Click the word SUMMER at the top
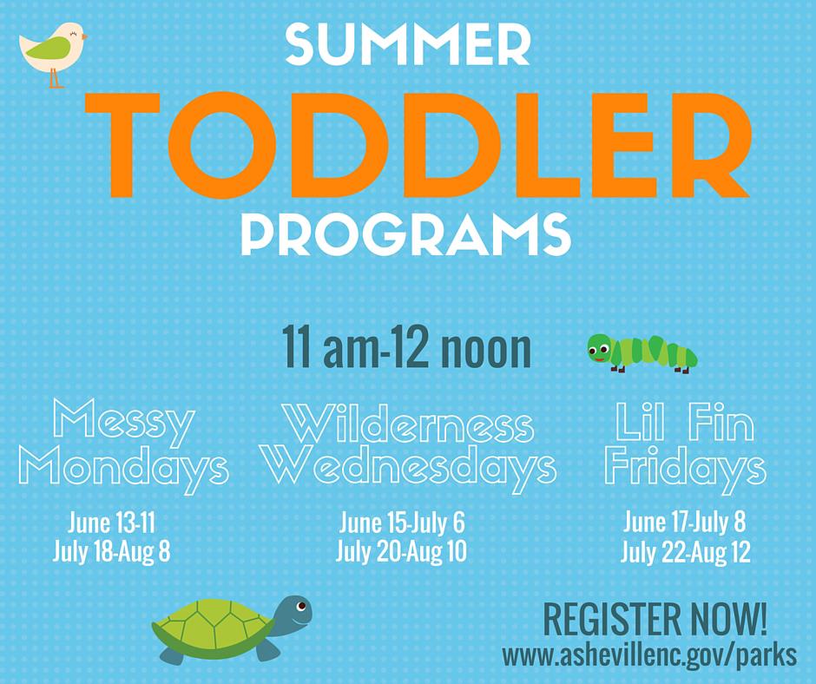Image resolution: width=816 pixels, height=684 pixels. click(408, 46)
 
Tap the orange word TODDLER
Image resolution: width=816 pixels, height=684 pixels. click(418, 146)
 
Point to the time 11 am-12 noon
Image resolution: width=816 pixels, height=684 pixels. click(406, 346)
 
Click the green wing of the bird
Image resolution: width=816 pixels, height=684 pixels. click(48, 49)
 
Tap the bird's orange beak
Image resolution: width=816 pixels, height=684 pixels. click(84, 37)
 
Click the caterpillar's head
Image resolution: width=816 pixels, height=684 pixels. click(600, 349)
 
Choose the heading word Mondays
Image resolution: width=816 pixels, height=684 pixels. click(124, 470)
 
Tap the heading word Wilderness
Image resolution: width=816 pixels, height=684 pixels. click(411, 423)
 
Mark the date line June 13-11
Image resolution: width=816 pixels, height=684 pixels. click(111, 523)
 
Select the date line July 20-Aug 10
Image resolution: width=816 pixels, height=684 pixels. click(401, 551)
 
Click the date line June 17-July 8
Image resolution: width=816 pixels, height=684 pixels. click(685, 522)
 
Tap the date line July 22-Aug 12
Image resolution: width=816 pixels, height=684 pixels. click(686, 552)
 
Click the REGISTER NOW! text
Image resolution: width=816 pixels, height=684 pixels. click(655, 620)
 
